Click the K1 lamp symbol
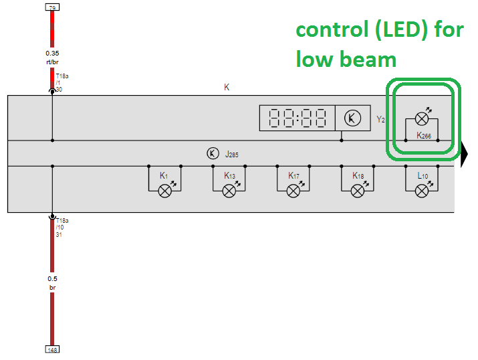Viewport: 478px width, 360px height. [x=165, y=191]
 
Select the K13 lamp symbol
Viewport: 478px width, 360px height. [x=229, y=191]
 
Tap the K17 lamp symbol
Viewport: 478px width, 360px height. [x=293, y=191]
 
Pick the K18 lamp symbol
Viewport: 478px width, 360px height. [x=358, y=191]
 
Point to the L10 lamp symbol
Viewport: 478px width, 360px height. [x=422, y=191]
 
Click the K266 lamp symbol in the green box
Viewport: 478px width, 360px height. [x=422, y=118]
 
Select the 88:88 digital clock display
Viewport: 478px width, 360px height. [x=297, y=118]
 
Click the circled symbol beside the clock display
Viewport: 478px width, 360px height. [x=353, y=118]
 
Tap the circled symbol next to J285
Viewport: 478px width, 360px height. [x=213, y=153]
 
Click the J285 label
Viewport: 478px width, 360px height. [x=232, y=155]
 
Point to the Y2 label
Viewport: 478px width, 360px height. [x=381, y=119]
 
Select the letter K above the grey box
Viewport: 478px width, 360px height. [x=227, y=87]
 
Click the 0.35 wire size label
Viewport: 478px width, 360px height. [x=52, y=53]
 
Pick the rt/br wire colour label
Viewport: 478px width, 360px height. [x=52, y=62]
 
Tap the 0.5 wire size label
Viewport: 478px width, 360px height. [x=52, y=278]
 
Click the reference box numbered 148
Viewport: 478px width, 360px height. [x=52, y=349]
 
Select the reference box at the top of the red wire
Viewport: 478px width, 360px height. [x=52, y=7]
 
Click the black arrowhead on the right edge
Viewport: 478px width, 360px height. [x=464, y=155]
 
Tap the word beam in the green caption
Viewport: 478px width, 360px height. [x=368, y=59]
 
